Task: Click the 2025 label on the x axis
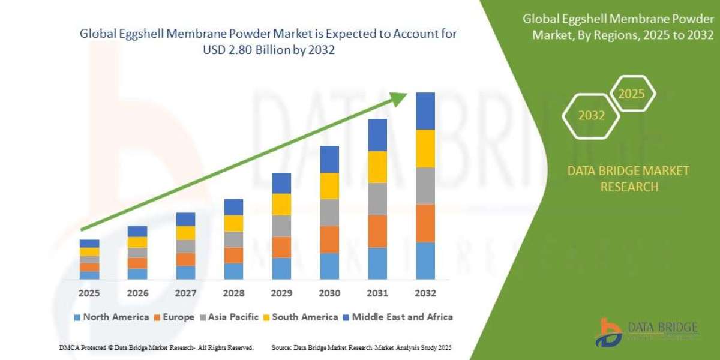[89, 293]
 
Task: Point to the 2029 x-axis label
[281, 293]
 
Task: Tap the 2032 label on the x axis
[425, 293]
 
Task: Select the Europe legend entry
[175, 317]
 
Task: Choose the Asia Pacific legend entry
[231, 317]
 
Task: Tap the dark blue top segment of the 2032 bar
[425, 111]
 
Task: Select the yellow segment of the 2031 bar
[377, 167]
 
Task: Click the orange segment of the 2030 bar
[329, 239]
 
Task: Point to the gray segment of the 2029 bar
[281, 226]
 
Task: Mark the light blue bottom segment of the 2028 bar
[233, 271]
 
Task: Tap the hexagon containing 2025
[631, 94]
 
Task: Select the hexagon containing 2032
[591, 116]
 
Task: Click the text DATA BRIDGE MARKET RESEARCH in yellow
[628, 179]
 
